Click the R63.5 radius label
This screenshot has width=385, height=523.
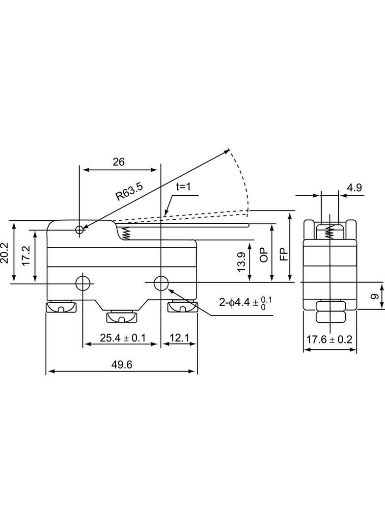[x=129, y=191]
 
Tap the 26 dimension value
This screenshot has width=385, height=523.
[x=118, y=162]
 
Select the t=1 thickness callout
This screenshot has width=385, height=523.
[x=183, y=186]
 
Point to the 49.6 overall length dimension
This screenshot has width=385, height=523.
[x=122, y=365]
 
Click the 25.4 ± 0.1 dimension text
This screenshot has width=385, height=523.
[x=123, y=338]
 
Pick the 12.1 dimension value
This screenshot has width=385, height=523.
[x=179, y=338]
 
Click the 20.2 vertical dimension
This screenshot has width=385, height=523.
[x=5, y=253]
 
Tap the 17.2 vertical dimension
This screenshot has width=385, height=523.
[x=26, y=256]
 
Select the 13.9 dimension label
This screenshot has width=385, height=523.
[x=241, y=262]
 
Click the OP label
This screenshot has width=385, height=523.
[x=264, y=255]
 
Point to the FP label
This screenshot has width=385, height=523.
[x=283, y=255]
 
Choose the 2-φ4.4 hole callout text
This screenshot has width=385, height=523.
[x=246, y=303]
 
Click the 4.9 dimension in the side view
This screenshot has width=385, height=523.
[x=354, y=187]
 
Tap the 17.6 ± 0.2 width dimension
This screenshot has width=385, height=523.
[x=329, y=340]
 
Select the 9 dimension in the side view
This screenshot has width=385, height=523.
[x=375, y=296]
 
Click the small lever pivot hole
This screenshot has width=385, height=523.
[x=80, y=230]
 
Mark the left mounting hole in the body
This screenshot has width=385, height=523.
[x=83, y=284]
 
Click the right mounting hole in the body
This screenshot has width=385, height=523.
[x=161, y=284]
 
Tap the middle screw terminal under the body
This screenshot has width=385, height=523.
[x=122, y=317]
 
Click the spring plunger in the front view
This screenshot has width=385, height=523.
[x=126, y=234]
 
